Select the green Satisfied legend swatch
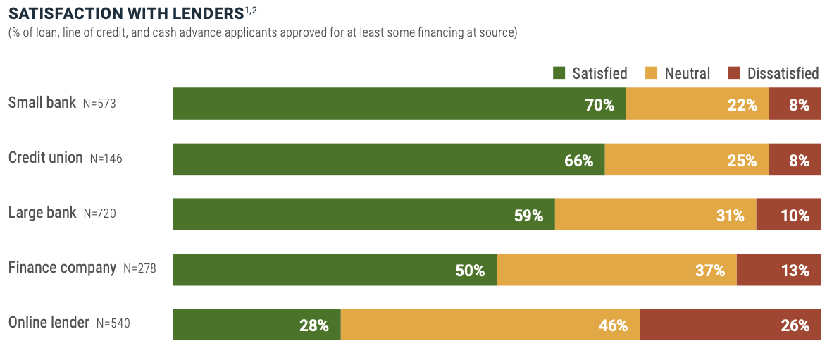[x=559, y=73]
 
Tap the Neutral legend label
[x=687, y=73]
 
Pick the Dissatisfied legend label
[x=783, y=73]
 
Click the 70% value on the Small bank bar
[x=599, y=105]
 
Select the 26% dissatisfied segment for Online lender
[x=730, y=325]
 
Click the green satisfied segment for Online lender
[x=256, y=325]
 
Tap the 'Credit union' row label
[x=45, y=158]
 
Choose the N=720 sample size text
[x=99, y=213]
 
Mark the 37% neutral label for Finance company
[x=710, y=271]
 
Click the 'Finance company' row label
[x=62, y=268]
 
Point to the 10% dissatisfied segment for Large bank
[x=788, y=215]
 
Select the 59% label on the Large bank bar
[x=528, y=216]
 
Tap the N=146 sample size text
[x=106, y=159]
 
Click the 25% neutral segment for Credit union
[x=686, y=160]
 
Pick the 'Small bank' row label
[x=42, y=103]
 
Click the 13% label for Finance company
[x=795, y=271]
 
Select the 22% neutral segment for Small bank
[x=697, y=104]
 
